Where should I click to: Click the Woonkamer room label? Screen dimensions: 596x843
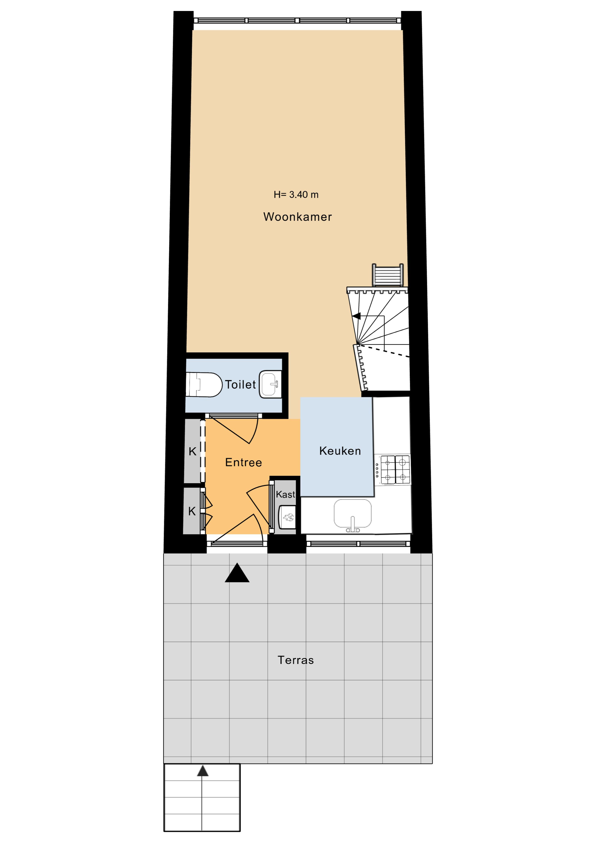[297, 217]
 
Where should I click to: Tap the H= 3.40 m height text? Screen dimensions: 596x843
[296, 195]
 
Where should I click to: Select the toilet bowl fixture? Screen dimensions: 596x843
[204, 384]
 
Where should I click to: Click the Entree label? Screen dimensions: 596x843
[243, 462]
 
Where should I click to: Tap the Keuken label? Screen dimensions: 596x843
[340, 451]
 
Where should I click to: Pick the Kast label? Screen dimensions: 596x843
[285, 495]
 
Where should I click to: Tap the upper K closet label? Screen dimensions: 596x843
[193, 452]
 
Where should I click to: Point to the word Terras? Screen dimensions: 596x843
[296, 660]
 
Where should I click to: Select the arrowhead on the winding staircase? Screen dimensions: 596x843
[356, 316]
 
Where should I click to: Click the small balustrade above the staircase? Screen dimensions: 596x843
[388, 275]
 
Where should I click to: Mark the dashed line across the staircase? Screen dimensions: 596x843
[383, 351]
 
